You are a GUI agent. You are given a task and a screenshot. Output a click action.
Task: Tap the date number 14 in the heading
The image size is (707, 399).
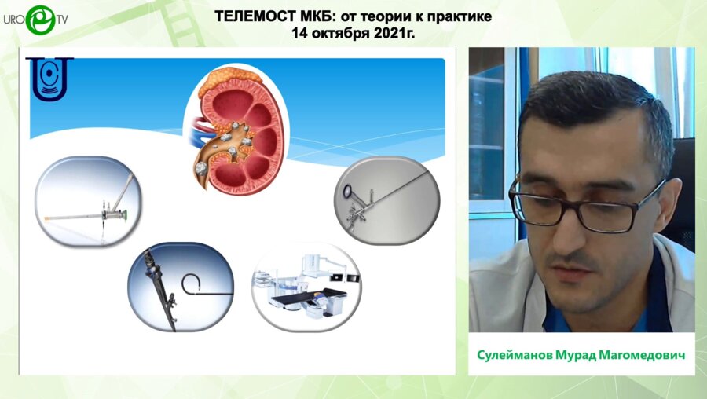[299, 33]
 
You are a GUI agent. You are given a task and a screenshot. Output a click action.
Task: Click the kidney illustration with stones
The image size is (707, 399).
[236, 130]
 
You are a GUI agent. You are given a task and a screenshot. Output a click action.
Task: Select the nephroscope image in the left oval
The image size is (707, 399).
[88, 202]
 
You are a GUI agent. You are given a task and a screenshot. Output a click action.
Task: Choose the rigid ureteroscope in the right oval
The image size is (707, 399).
[386, 197]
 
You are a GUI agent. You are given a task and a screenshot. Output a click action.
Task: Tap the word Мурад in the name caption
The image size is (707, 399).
[580, 355]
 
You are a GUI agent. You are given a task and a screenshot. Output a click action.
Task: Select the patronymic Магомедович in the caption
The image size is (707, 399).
[646, 355]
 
